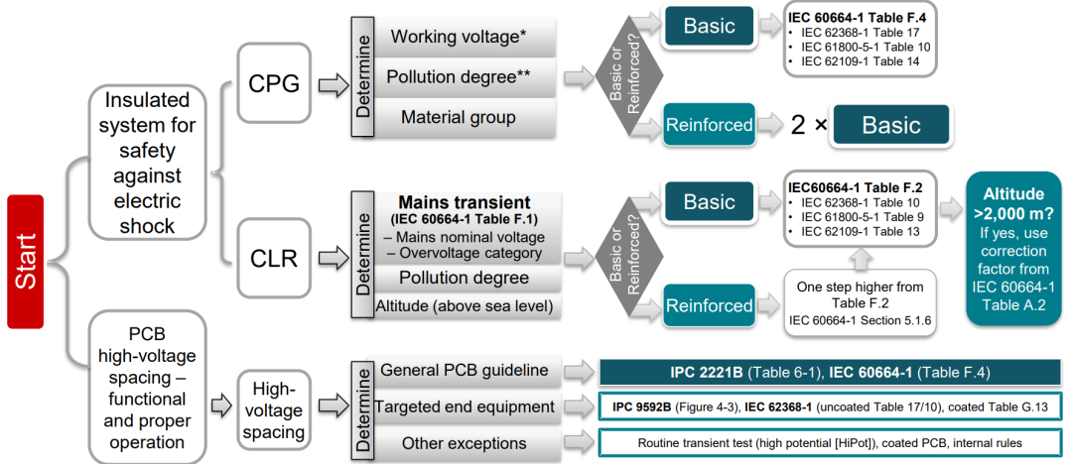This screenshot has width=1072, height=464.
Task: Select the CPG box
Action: pyautogui.click(x=274, y=82)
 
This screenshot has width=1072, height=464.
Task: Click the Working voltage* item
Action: pyautogui.click(x=458, y=37)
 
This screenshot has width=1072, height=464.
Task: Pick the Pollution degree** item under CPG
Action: pyautogui.click(x=458, y=76)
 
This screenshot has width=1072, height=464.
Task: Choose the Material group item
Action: pyautogui.click(x=458, y=117)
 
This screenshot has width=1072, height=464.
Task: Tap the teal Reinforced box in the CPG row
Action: pyautogui.click(x=709, y=125)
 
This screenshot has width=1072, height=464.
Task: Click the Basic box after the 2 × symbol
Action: pyautogui.click(x=890, y=126)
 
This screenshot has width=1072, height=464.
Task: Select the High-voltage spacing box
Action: pyautogui.click(x=273, y=411)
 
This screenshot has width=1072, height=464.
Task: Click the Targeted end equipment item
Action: pyautogui.click(x=465, y=406)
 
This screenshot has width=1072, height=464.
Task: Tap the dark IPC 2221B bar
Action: pyautogui.click(x=830, y=371)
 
